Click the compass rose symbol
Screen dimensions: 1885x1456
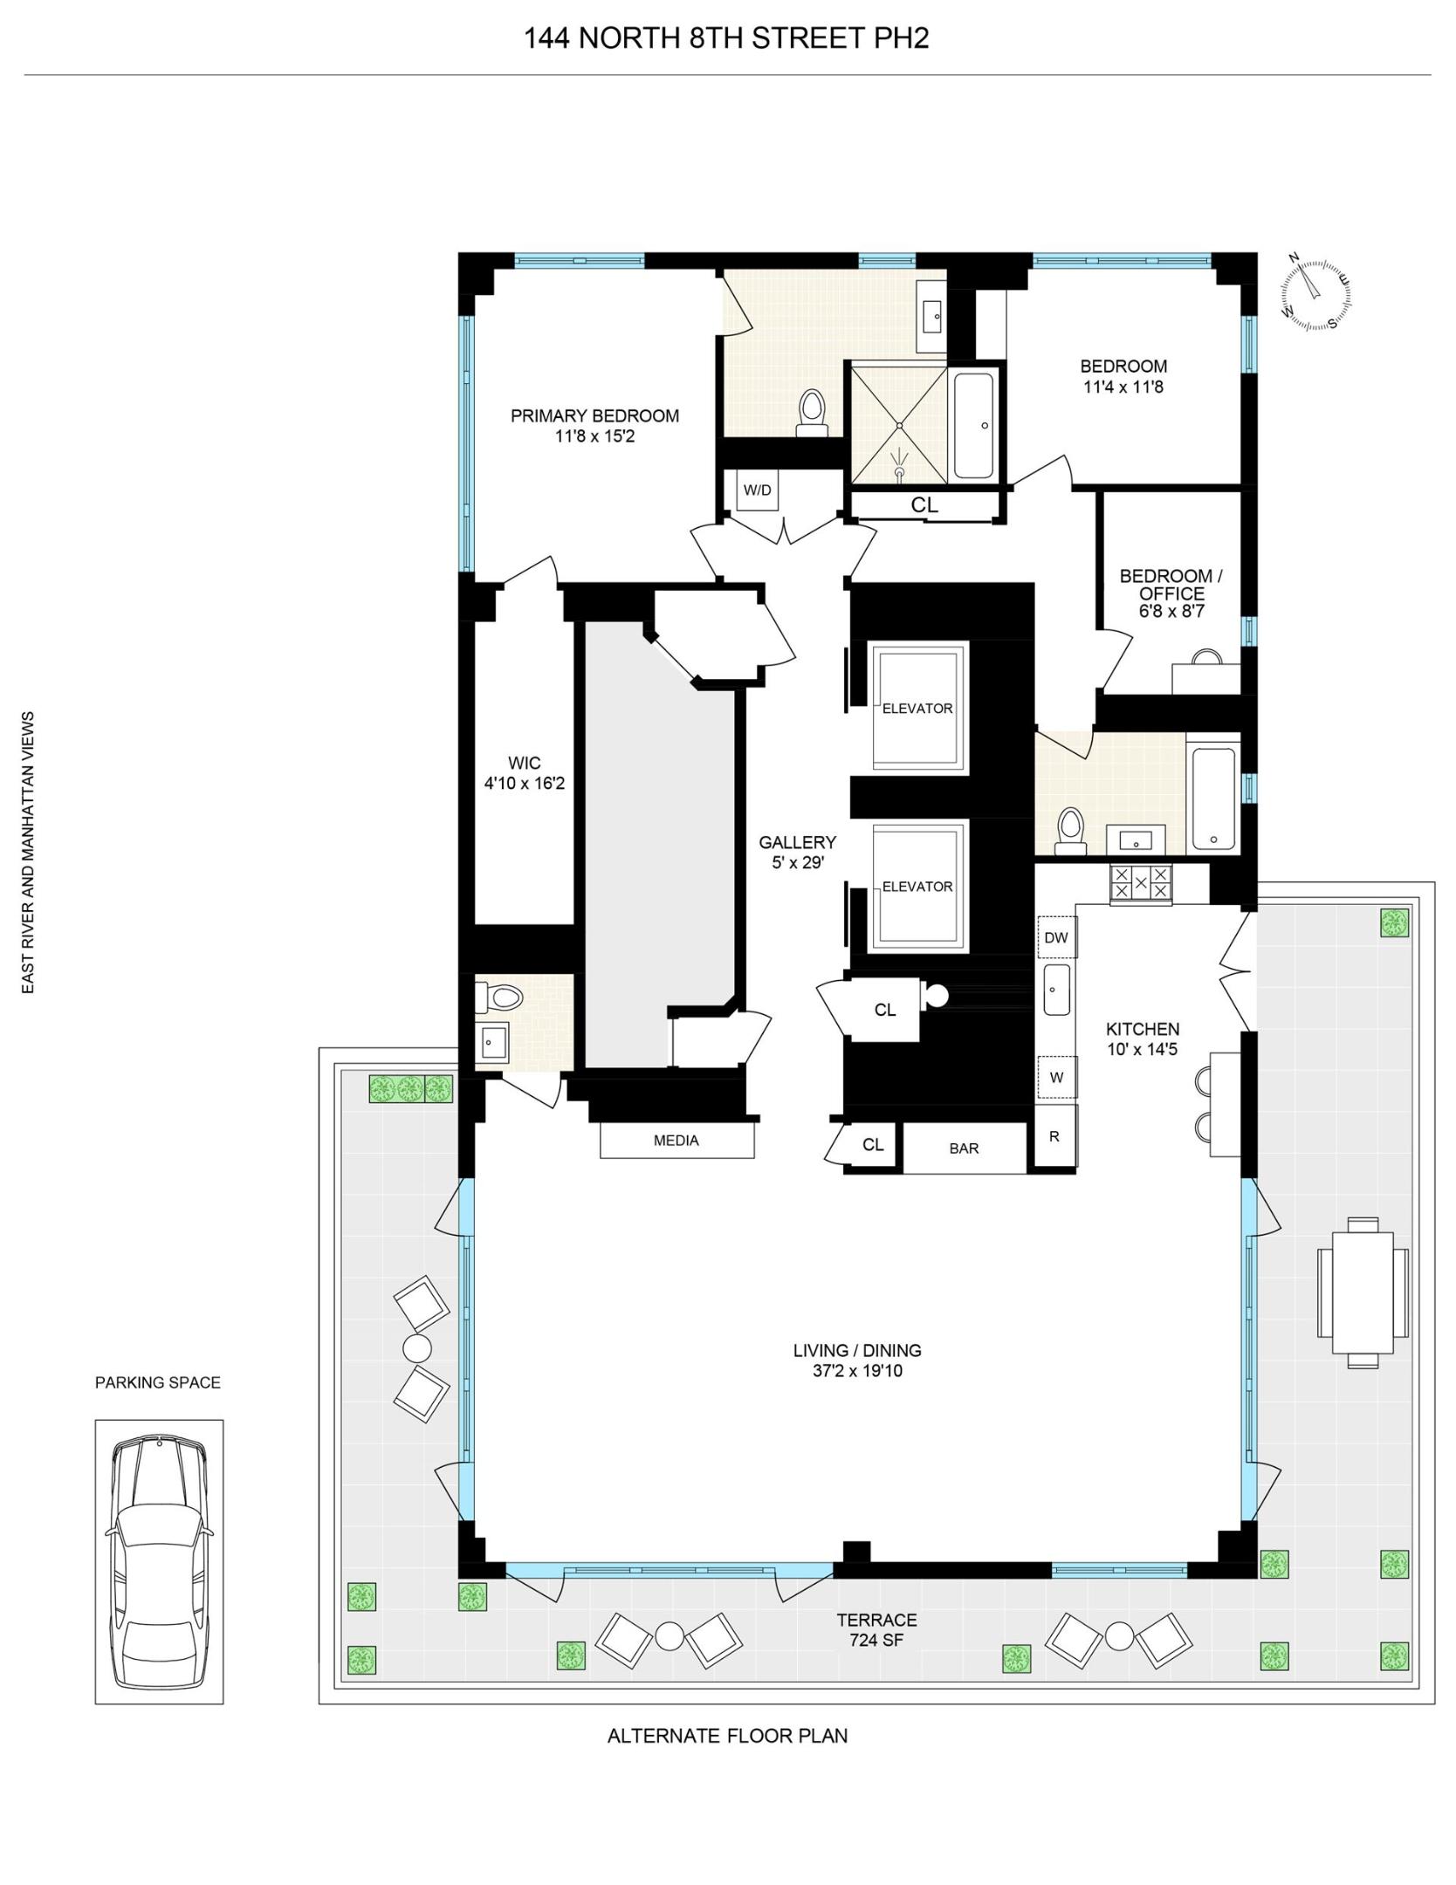pyautogui.click(x=1316, y=294)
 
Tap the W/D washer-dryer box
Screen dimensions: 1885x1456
pyautogui.click(x=757, y=490)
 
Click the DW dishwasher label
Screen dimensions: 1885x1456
pyautogui.click(x=1056, y=938)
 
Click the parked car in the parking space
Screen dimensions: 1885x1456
pyautogui.click(x=159, y=1561)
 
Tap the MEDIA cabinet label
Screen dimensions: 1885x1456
pyautogui.click(x=676, y=1141)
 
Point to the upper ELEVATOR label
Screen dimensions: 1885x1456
pyautogui.click(x=917, y=709)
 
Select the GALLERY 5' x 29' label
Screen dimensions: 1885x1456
pyautogui.click(x=796, y=853)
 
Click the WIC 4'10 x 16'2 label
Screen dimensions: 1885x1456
pyautogui.click(x=524, y=773)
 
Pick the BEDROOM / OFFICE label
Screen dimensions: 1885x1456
pyautogui.click(x=1171, y=593)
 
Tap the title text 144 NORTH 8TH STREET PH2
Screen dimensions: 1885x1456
pyautogui.click(x=725, y=38)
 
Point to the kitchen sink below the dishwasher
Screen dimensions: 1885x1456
pyautogui.click(x=1056, y=990)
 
